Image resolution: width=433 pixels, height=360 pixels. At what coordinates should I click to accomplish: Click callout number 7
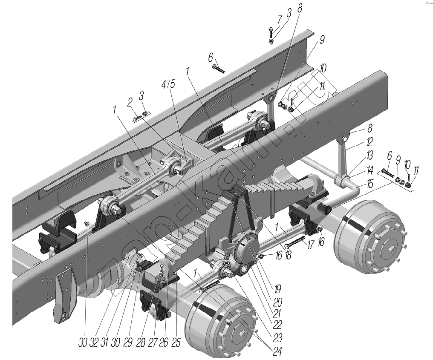click(x=279, y=20)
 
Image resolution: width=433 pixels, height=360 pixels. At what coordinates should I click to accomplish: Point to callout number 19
click(x=277, y=289)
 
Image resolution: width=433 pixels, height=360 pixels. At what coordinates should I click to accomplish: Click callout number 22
click(x=277, y=325)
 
